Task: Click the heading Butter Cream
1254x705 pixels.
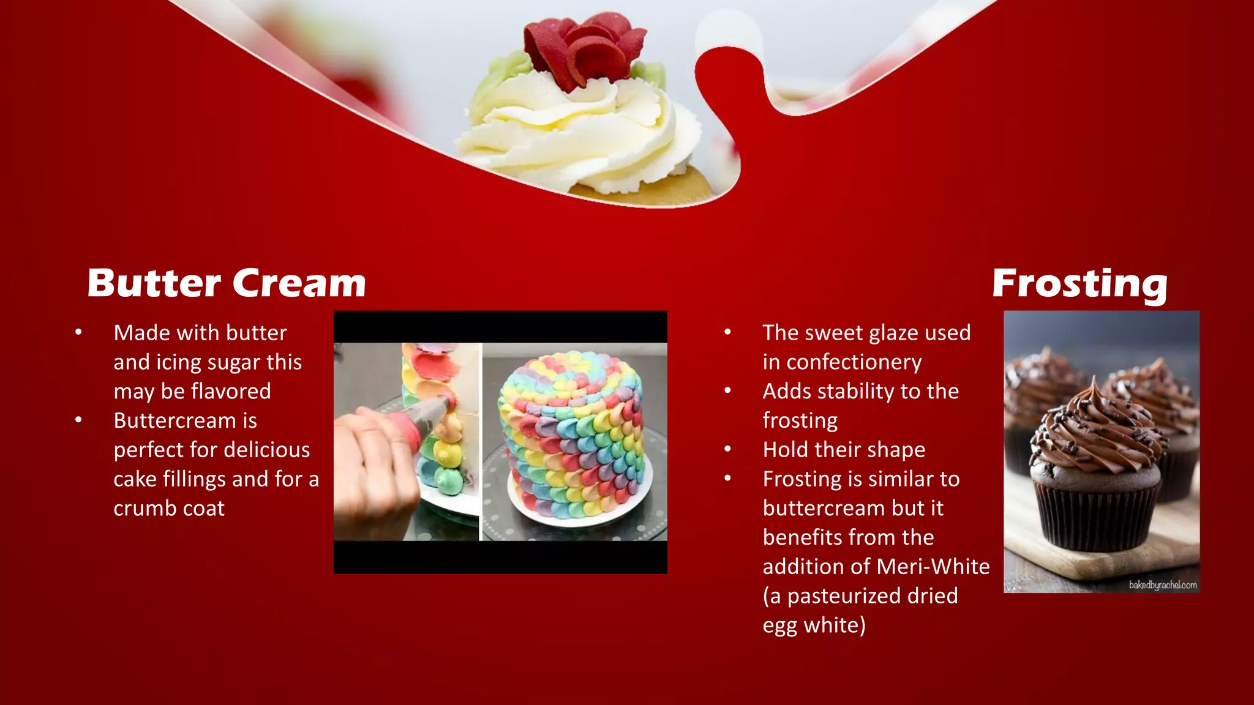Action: (227, 283)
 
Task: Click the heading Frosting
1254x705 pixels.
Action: (1079, 283)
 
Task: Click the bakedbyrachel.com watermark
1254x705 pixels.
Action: (1162, 585)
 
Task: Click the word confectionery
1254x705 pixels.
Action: (854, 362)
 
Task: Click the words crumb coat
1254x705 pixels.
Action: (169, 509)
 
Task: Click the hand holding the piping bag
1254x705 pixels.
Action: (374, 465)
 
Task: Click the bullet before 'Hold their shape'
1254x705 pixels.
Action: (727, 450)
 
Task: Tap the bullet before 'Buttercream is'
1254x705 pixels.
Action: (78, 420)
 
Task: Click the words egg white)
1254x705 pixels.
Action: (814, 625)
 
